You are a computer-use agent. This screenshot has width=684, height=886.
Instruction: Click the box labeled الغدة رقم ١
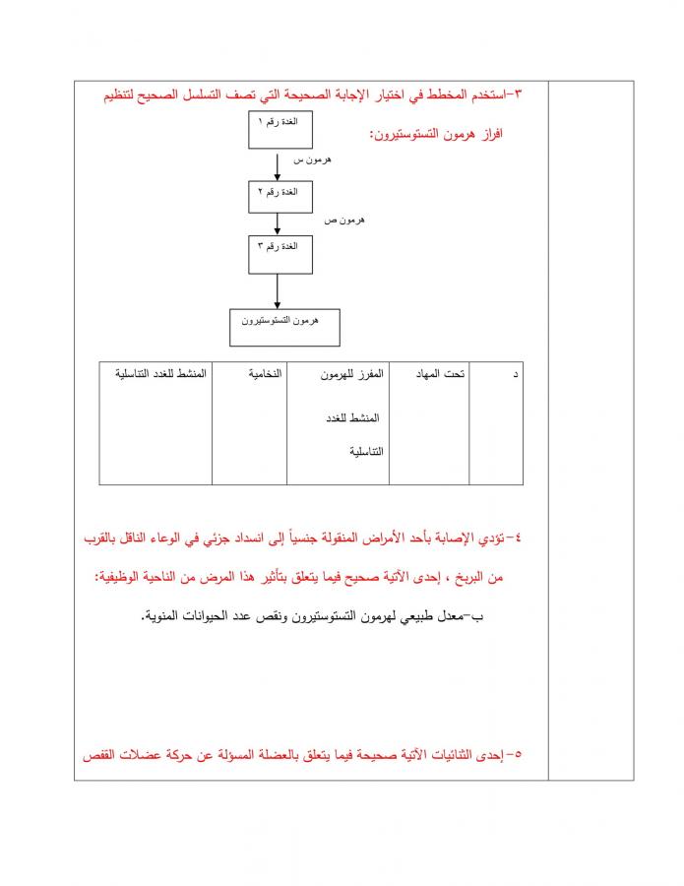coord(280,130)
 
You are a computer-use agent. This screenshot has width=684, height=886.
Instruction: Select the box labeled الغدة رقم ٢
coord(280,196)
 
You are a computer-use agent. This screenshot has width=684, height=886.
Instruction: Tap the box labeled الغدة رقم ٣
coord(280,253)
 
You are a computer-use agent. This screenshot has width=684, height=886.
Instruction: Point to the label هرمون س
coord(314,159)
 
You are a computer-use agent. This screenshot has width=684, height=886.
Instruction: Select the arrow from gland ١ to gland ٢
coord(280,164)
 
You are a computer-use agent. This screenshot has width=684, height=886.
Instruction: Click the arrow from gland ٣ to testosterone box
coord(280,291)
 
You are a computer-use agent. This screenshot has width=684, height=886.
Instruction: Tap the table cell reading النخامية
coord(250,423)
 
